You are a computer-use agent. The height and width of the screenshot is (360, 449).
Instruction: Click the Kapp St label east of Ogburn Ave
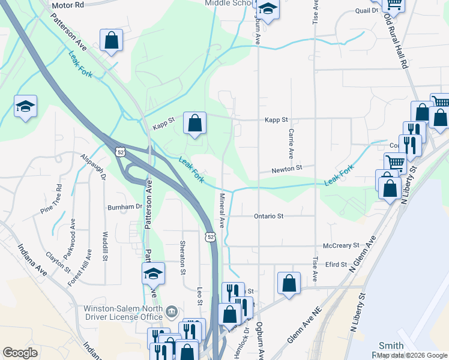pos(277,120)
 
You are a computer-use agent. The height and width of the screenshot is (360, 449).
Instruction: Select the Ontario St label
pos(268,215)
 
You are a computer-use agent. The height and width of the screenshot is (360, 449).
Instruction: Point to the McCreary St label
pos(340,245)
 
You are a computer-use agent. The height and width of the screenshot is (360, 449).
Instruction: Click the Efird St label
pos(336,264)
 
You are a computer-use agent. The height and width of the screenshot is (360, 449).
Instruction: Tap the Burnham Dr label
pos(124,206)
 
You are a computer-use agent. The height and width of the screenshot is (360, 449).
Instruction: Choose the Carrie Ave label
pos(291,144)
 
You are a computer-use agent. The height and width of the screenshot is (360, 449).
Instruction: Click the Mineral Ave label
pos(221,211)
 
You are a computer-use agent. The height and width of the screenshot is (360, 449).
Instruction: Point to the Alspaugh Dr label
pos(94,167)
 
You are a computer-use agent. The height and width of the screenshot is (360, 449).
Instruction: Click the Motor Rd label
pos(68,5)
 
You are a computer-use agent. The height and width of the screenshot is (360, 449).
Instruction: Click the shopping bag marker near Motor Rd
pos(112,40)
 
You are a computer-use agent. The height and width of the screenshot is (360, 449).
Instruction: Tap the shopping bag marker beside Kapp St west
pos(194,123)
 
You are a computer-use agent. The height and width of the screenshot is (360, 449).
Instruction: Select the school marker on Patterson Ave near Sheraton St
pos(153,274)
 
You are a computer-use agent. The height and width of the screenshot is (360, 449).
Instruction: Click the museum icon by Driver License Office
pos(172,311)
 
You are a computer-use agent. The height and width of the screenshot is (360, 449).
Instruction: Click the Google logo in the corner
pos(20,353)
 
